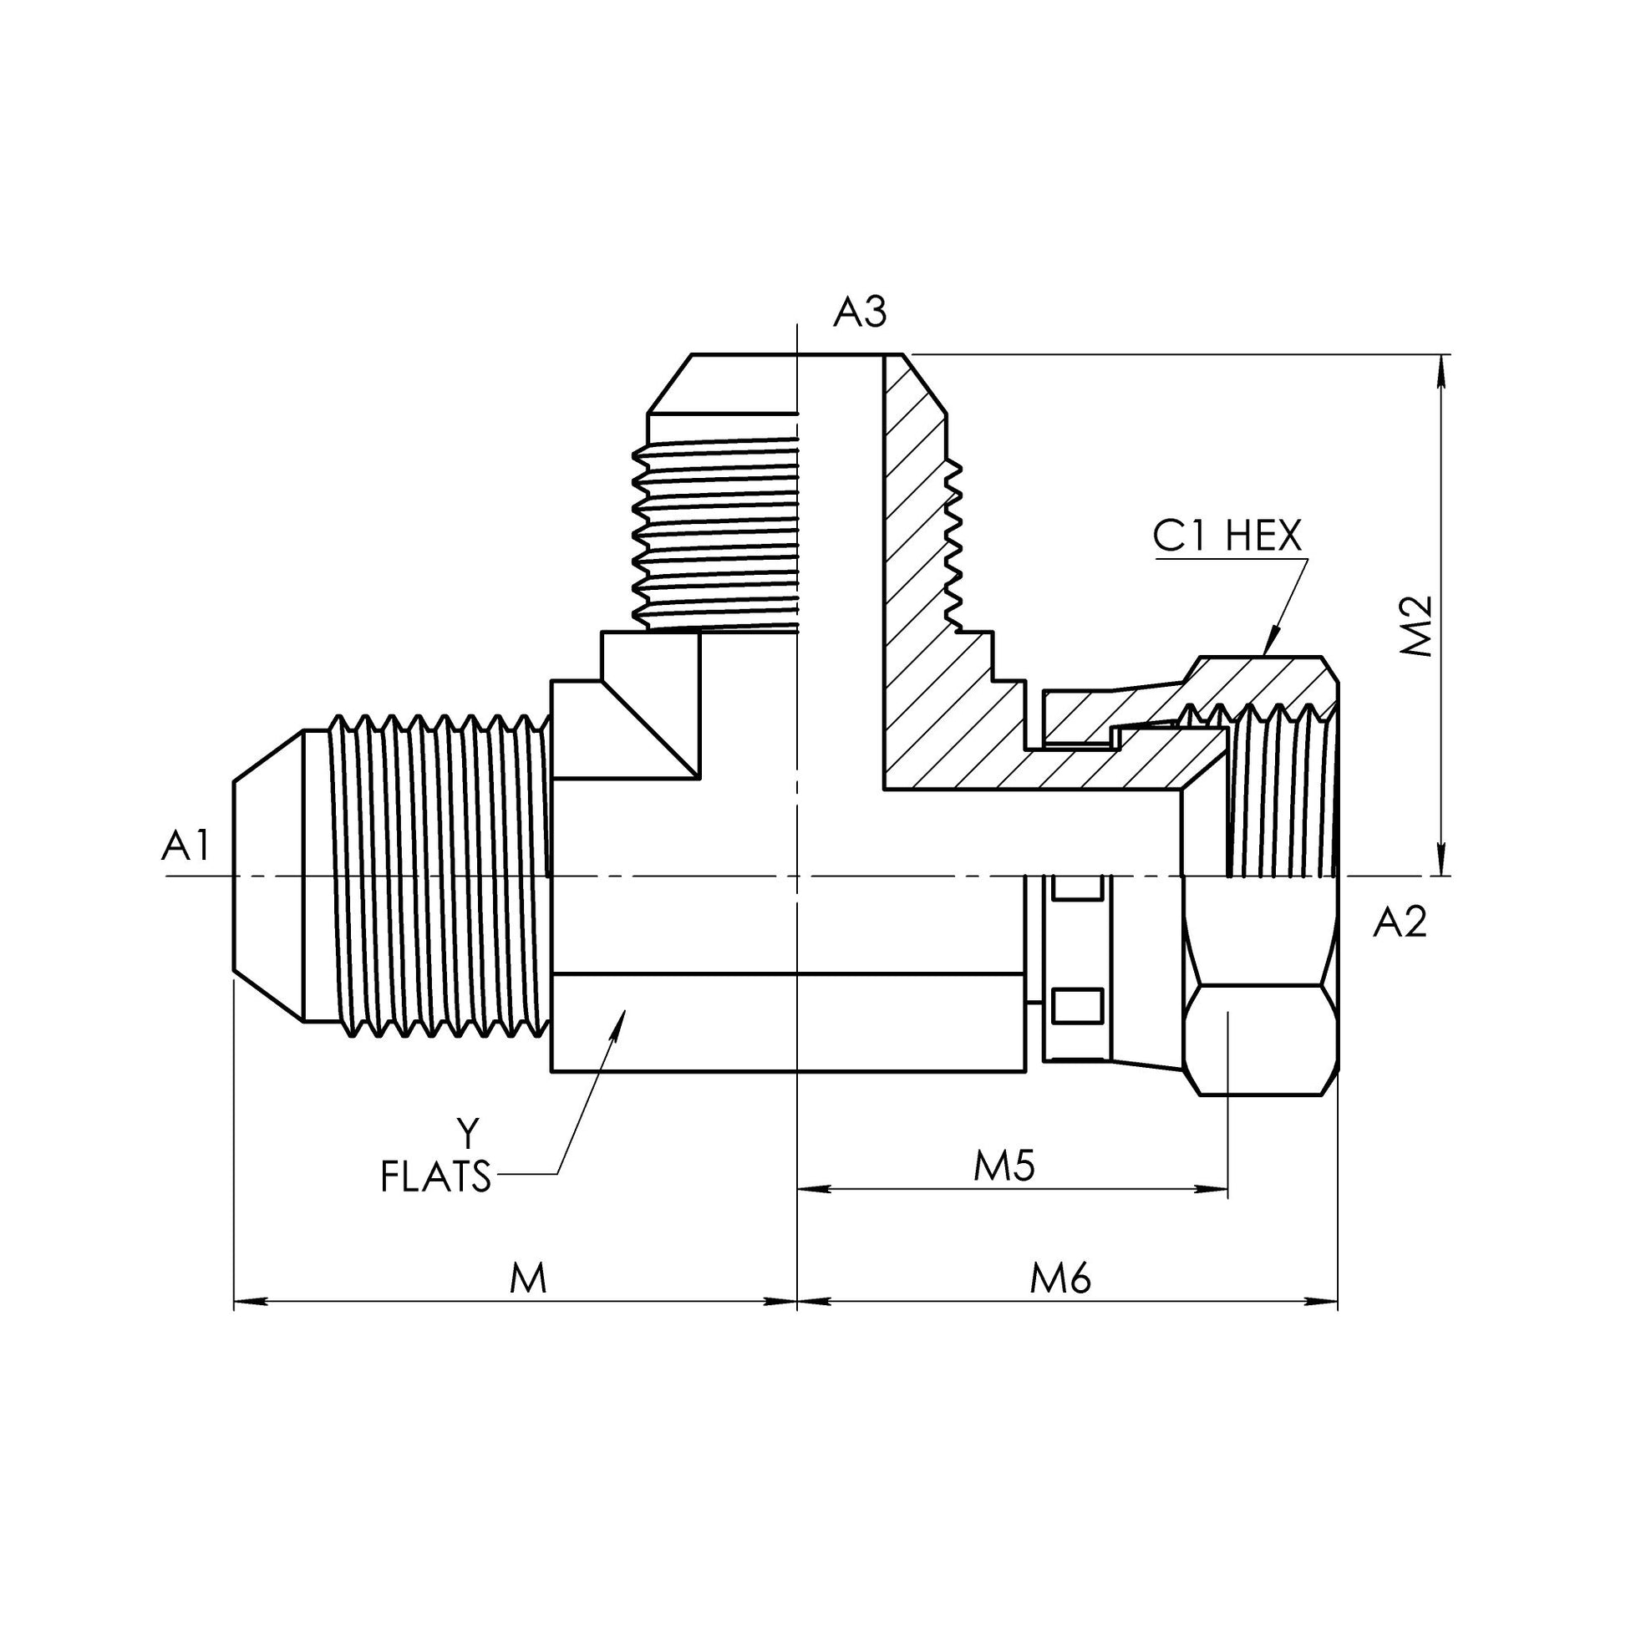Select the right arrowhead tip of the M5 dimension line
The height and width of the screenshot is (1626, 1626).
pos(1228,1188)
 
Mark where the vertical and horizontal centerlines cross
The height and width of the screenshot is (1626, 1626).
pos(797,877)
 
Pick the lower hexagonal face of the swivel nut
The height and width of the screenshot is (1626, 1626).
pos(1260,1039)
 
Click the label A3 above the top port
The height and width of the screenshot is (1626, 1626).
pos(859,313)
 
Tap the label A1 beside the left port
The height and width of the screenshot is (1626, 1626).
pos(185,846)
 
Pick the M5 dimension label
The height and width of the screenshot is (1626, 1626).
pos(1004,1166)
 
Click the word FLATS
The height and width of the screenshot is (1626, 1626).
pos(435,1176)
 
